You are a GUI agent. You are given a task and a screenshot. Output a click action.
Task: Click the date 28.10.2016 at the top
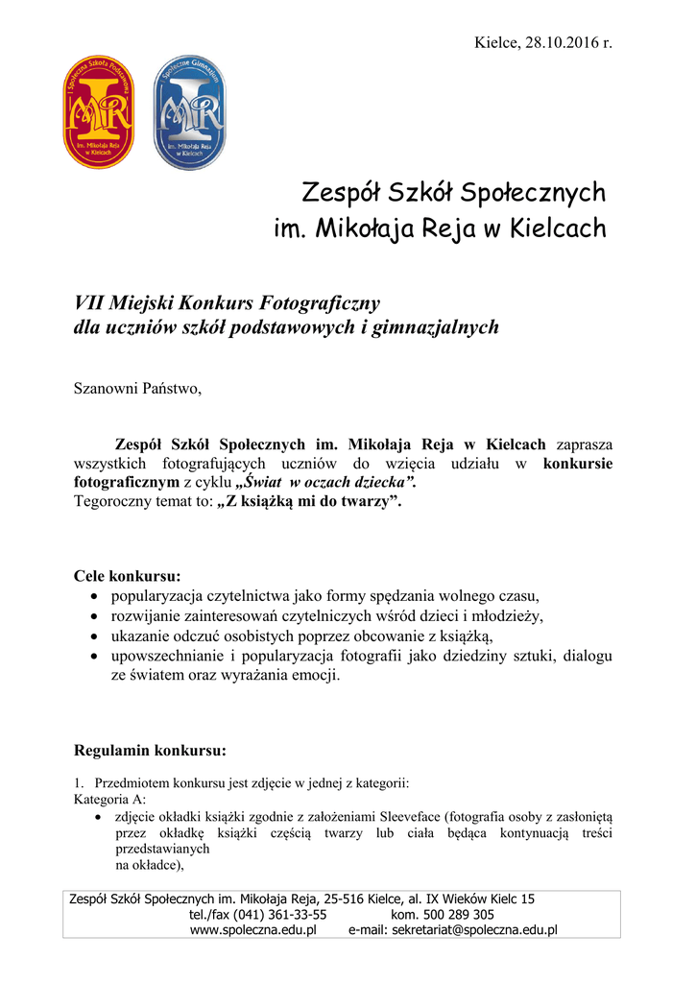pos(560,43)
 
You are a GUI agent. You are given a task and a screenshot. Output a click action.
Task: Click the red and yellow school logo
pos(98,112)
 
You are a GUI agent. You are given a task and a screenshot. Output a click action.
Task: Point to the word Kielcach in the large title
pos(558,229)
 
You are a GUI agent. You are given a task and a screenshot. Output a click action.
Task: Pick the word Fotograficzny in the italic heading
pos(327,303)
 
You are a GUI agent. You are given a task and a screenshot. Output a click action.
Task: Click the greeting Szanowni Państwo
pos(138,389)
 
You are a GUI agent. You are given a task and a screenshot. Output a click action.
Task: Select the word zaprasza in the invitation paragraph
pos(584,444)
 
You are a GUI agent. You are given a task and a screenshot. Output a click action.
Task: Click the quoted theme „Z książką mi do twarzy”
pos(311,500)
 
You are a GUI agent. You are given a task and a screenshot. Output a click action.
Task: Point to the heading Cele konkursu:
pos(128,576)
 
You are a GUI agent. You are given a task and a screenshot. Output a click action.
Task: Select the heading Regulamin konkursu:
pos(150,750)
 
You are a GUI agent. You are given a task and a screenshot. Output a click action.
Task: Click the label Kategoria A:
pos(110,799)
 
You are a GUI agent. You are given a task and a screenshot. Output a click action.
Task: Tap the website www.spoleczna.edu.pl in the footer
pos(253,930)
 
